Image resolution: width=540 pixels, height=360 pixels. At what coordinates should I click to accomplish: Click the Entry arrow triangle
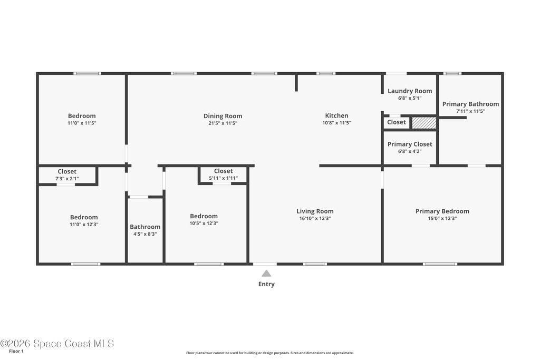point(266,274)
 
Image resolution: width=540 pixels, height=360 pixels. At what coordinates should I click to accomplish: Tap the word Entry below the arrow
point(266,284)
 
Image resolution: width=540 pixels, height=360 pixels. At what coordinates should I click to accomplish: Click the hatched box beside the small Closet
point(424,123)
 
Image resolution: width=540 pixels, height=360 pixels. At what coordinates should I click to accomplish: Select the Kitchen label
point(336,115)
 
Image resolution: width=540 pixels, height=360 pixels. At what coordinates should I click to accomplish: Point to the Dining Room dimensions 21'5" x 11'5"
point(223,123)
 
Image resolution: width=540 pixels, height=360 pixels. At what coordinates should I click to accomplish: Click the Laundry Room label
point(410,91)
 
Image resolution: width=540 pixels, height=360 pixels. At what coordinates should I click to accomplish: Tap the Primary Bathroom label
point(470,104)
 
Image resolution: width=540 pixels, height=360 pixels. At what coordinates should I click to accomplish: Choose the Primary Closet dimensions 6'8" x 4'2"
point(410,151)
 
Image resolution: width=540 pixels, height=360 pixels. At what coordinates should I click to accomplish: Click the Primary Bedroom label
point(442,211)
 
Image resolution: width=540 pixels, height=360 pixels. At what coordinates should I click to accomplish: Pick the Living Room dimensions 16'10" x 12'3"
point(315,218)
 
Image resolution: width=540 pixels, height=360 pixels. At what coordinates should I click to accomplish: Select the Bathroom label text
point(145,227)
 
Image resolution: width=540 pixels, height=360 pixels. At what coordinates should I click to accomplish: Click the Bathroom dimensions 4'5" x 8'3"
point(145,234)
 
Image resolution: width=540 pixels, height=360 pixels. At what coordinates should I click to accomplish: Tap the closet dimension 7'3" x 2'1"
point(67,179)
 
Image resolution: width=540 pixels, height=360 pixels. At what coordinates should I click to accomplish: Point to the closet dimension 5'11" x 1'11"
point(223,178)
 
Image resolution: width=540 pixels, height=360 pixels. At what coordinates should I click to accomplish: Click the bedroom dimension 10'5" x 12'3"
point(204,223)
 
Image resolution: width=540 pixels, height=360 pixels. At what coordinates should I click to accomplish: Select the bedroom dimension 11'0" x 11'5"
point(82,123)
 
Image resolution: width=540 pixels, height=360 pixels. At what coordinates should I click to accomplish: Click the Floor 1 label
point(16,351)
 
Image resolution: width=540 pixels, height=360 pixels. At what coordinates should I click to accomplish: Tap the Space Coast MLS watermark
point(57,344)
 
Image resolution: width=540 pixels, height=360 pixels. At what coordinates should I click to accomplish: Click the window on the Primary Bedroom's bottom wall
point(440,264)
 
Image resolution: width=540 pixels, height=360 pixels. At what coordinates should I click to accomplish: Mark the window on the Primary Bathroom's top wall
point(452,73)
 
